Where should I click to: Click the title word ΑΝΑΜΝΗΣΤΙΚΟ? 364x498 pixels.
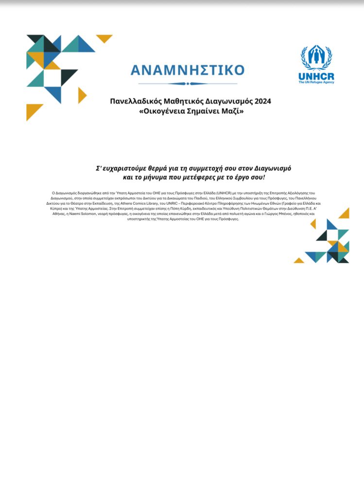(188, 70)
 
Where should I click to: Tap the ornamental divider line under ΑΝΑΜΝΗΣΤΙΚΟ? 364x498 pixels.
(188, 84)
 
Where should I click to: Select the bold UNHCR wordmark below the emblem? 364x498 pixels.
(316, 76)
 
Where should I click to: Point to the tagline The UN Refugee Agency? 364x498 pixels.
(316, 82)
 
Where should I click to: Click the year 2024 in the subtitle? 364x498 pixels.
(261, 101)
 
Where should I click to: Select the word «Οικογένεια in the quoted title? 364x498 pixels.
(159, 111)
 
